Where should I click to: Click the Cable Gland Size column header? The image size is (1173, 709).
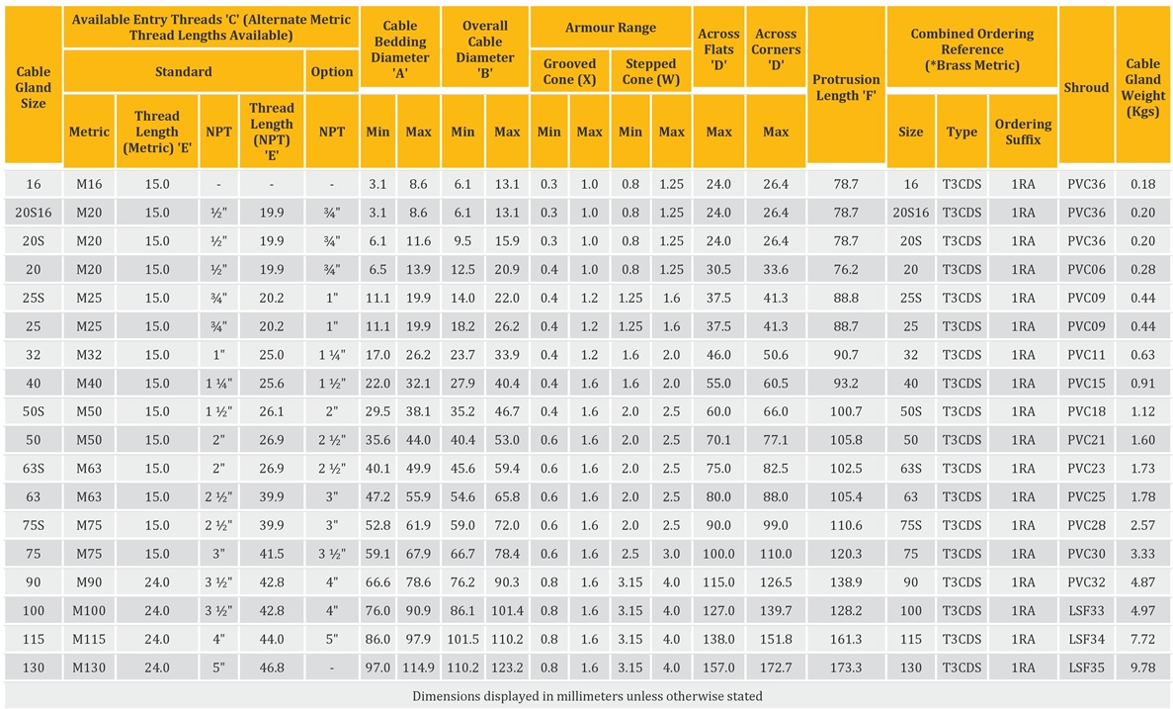click(33, 87)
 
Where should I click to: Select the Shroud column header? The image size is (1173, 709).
click(1086, 87)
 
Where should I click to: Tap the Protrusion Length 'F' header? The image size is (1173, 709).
click(846, 87)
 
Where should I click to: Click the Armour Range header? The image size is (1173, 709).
click(610, 28)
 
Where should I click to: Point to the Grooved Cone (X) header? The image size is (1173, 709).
click(569, 71)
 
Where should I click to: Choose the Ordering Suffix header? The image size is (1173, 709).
click(1023, 132)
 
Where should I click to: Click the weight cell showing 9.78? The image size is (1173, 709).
click(1143, 667)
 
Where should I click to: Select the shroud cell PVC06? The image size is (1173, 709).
click(1086, 269)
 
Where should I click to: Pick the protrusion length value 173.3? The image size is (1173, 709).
click(846, 667)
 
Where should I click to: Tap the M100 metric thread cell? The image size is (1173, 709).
click(89, 611)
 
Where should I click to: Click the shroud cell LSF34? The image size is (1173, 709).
click(1086, 640)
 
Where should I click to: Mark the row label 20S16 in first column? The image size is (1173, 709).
click(33, 213)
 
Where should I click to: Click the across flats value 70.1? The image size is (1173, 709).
click(718, 440)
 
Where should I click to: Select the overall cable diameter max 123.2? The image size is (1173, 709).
click(507, 667)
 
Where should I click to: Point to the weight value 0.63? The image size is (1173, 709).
click(1143, 354)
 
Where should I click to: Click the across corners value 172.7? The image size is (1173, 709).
click(776, 667)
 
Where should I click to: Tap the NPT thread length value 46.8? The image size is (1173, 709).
click(271, 667)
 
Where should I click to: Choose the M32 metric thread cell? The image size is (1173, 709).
click(89, 354)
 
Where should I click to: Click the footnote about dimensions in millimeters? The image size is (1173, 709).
click(586, 696)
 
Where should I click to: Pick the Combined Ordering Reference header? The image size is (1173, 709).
click(971, 48)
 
